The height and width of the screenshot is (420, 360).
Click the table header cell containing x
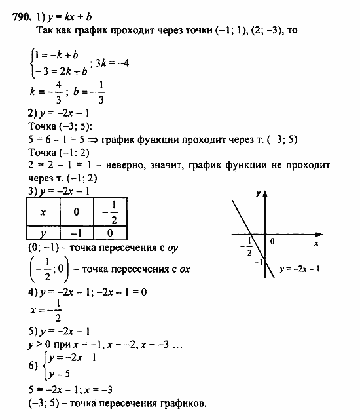click(43, 212)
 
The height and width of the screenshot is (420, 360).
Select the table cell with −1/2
click(111, 212)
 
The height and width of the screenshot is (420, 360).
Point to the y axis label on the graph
click(259, 193)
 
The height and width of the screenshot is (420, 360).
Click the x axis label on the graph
click(315, 243)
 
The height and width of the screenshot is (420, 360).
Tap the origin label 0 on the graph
click(272, 242)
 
